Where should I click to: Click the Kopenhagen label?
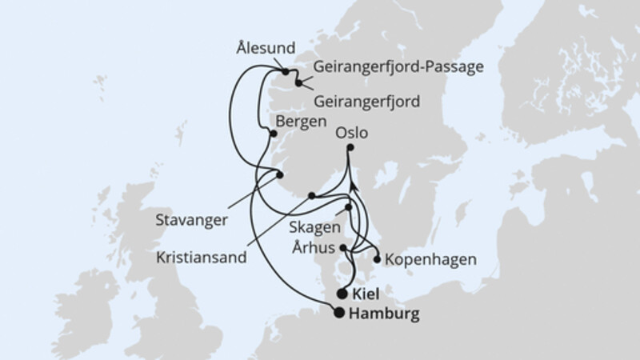[430, 260]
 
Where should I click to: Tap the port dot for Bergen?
[274, 134]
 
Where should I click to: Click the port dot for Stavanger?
[280, 174]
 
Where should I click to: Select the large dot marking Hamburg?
[340, 314]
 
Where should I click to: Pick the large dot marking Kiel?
[343, 294]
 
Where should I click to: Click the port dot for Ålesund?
[285, 72]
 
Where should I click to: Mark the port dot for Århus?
[345, 248]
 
